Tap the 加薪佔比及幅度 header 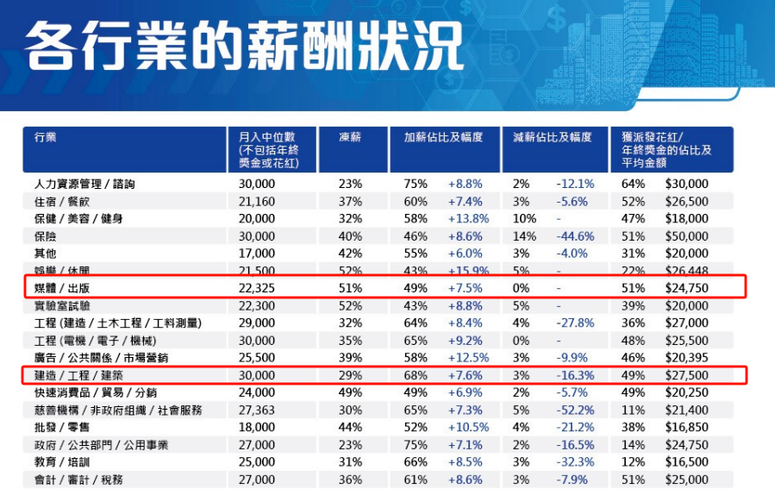click(443, 138)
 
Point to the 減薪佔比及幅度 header click(552, 138)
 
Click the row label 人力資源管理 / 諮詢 click(84, 184)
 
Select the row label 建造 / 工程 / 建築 click(78, 375)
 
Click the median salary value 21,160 click(257, 201)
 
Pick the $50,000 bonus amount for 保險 click(686, 235)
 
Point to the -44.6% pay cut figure click(574, 235)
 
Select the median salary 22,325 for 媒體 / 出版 click(257, 287)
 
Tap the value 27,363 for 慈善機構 click(257, 410)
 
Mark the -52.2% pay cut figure click(574, 410)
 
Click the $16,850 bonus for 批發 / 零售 click(686, 427)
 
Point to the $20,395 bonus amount click(686, 358)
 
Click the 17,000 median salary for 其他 click(257, 253)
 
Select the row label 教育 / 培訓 click(59, 462)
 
